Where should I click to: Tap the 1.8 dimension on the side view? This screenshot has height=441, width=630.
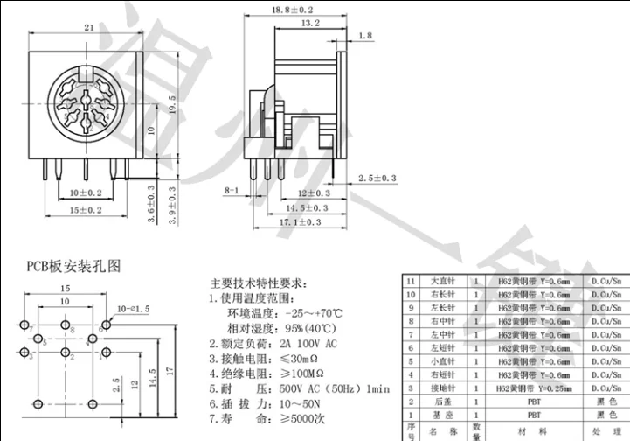click(x=365, y=35)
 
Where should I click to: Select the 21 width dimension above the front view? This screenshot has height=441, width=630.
click(x=88, y=28)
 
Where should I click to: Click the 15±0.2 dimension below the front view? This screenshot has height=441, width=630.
click(x=86, y=211)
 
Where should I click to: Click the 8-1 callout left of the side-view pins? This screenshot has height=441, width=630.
click(x=232, y=190)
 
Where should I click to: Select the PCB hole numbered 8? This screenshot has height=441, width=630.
click(x=66, y=325)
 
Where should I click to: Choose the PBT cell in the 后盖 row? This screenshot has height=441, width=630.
click(x=532, y=402)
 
